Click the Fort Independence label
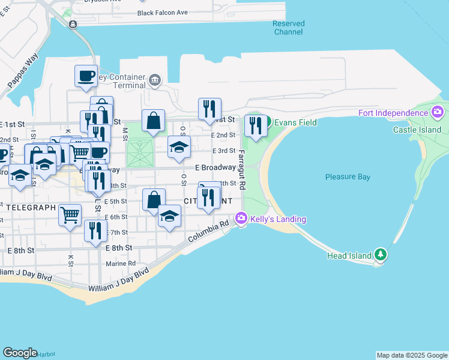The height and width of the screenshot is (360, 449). (393, 113)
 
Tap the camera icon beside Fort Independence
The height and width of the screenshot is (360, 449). (438, 112)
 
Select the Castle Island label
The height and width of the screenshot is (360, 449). (417, 130)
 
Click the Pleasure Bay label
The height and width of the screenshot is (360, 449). (348, 177)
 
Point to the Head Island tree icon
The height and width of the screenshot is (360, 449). (379, 255)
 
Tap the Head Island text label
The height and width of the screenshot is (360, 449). (349, 256)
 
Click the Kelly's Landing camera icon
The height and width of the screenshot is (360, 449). (242, 219)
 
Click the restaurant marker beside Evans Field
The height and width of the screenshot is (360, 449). (256, 126)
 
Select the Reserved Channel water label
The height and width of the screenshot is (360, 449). (289, 28)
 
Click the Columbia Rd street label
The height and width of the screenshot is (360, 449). (209, 231)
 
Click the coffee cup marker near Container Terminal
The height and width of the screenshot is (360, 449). (85, 76)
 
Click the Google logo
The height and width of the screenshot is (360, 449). (20, 353)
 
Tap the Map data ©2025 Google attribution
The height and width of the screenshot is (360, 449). (412, 355)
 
